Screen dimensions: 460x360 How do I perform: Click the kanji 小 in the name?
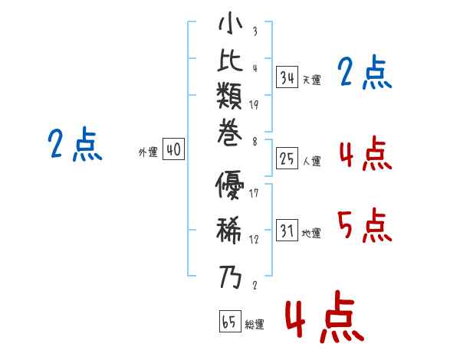pos(230,23)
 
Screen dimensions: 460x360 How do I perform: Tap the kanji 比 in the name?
pos(230,61)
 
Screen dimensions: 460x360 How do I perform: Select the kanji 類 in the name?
pos(229,96)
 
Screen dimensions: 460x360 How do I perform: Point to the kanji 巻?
pos(230,133)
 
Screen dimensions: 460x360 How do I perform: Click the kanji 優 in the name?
pos(230,185)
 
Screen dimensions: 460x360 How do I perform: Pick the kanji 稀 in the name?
pos(229,230)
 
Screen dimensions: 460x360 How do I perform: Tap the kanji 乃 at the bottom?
pos(230,277)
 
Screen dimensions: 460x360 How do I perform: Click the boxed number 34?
pos(287,77)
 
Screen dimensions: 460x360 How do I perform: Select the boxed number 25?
pos(287,159)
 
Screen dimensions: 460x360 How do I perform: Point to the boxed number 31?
pos(287,230)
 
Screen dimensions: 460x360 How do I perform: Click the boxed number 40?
pos(173,149)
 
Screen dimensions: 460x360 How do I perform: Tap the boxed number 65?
pos(230,321)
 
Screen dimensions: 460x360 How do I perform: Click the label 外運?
pos(148,152)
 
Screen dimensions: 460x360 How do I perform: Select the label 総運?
pos(255,325)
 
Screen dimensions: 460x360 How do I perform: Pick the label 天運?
pos(311,80)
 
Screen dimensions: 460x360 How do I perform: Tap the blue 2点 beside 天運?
pos(365,72)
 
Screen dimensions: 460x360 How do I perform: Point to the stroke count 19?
pos(254,105)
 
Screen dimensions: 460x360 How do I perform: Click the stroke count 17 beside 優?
pos(254,193)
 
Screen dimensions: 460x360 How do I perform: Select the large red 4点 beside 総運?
pos(325,316)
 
